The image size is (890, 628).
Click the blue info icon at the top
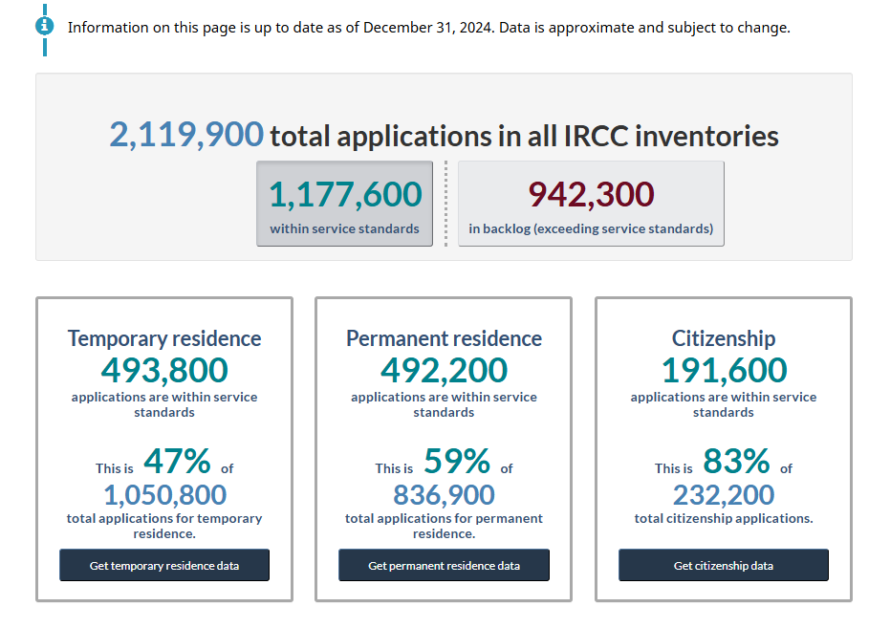point(44,26)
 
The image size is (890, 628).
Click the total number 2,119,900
point(186,135)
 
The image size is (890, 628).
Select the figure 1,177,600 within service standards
point(345,195)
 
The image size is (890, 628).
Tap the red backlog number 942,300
point(591,195)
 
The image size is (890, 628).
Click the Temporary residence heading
point(164,338)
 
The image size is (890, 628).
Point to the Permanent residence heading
point(444,338)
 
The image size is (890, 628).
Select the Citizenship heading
point(724,338)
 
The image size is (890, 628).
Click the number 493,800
point(164,371)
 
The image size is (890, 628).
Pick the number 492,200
point(444,371)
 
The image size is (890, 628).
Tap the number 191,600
point(725,371)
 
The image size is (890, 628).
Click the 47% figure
point(177,461)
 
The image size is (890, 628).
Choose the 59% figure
point(457,461)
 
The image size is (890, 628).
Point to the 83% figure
point(736,461)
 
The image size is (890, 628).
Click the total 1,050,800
point(164,495)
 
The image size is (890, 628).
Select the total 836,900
point(444,495)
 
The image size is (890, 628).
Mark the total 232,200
point(724,495)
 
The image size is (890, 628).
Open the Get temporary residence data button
point(164,565)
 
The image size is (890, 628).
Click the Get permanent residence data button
point(444,565)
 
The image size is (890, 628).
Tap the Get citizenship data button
point(724,565)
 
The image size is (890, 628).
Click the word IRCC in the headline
point(596,136)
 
